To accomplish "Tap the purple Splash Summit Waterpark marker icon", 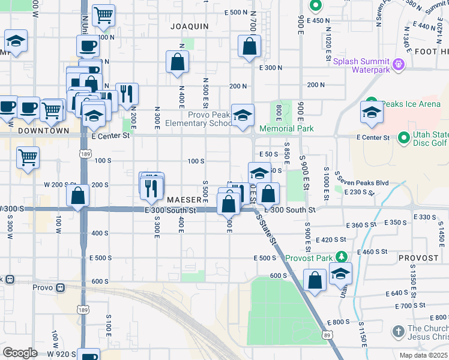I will tap(397, 63).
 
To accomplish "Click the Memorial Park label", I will tap(286, 128).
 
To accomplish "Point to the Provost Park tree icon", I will tap(342, 257).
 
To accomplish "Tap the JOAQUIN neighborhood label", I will tap(189, 26).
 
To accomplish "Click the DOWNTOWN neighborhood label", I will tap(43, 130).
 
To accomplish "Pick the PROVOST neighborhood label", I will tap(418, 258).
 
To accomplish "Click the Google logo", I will tap(20, 352).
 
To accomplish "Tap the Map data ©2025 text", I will tap(423, 355).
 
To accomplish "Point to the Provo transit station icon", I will tap(60, 287).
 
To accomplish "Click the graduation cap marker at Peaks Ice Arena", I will tap(372, 112).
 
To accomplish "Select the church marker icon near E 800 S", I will tap(397, 331).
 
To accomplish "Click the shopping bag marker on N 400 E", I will tap(178, 62).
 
